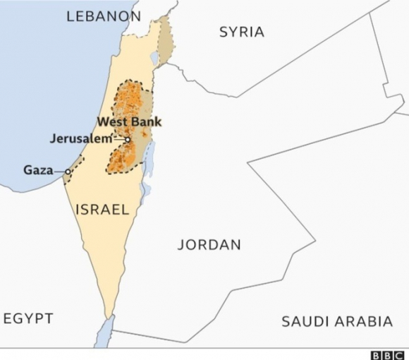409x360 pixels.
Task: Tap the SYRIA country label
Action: point(242,32)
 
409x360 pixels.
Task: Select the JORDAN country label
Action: point(209,245)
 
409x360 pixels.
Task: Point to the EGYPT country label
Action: point(28,318)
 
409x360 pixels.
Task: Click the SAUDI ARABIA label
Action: point(337,322)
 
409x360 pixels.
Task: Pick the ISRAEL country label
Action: point(102,210)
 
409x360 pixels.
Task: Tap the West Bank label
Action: point(129,122)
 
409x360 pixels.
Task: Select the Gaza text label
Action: point(38,170)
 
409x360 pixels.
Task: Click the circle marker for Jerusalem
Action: point(128,140)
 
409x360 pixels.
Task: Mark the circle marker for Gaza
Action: point(68,172)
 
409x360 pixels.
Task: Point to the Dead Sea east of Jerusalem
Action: point(148,159)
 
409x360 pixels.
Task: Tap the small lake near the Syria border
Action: point(154,57)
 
